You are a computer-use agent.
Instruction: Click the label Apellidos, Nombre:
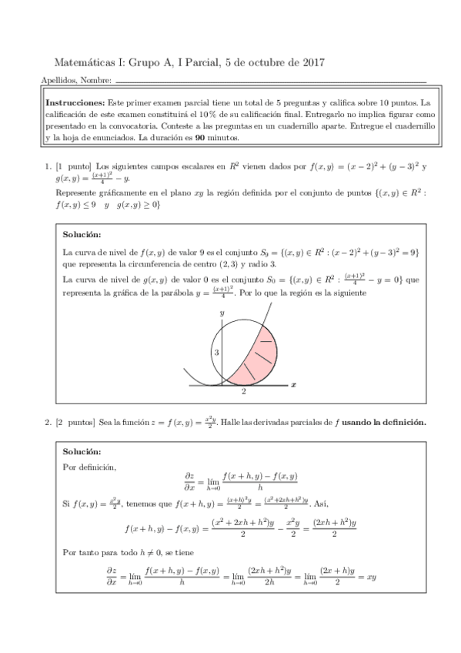click(x=75, y=81)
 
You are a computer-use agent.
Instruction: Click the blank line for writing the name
click(x=269, y=82)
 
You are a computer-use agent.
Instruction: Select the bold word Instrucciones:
click(x=75, y=102)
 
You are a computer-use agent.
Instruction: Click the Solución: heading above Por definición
click(x=82, y=451)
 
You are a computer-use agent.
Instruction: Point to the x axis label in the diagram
click(x=295, y=381)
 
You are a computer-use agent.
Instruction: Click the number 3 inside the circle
click(x=216, y=351)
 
